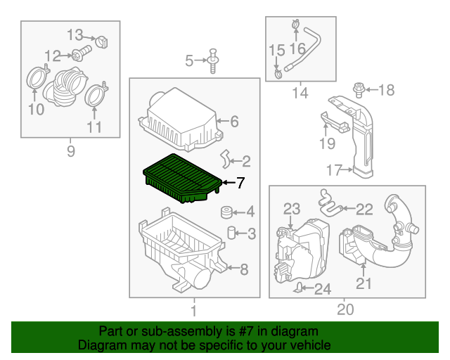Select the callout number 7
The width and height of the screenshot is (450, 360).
(240, 184)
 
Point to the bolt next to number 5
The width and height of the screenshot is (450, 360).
(212, 60)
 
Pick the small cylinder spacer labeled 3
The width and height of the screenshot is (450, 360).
(230, 233)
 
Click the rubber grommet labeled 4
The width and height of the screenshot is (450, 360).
(227, 212)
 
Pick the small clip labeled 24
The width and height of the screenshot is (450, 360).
(300, 286)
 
